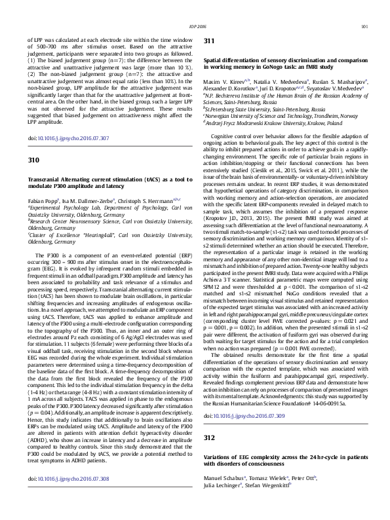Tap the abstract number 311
[210, 41]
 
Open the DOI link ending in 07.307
[68, 139]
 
